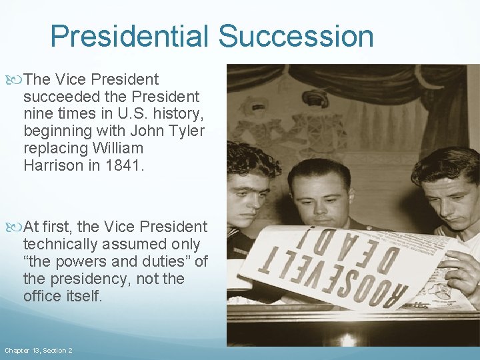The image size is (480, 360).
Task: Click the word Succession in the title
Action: pos(296,36)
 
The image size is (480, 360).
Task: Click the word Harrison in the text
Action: pos(53,165)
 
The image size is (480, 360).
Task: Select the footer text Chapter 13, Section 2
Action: pos(39,350)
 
